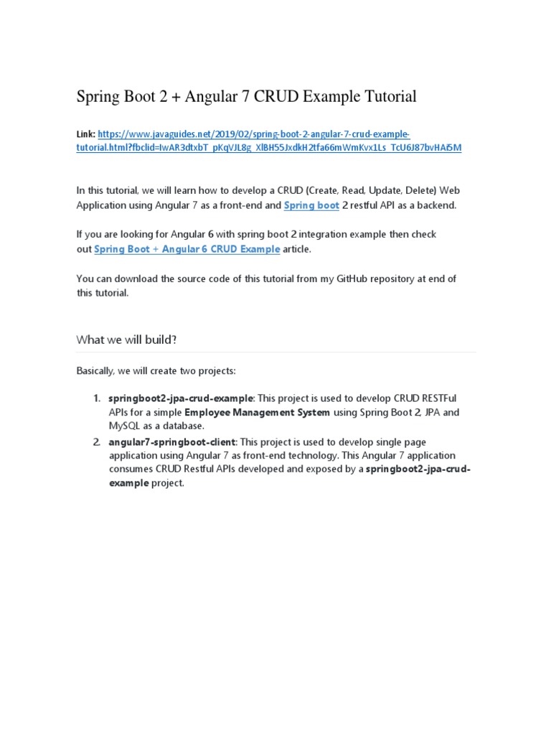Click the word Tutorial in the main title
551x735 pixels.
click(388, 96)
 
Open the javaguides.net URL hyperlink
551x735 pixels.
click(253, 134)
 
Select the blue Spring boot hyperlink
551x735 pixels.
click(311, 205)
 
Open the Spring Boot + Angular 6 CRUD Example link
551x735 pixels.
click(187, 249)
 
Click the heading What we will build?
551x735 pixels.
click(126, 340)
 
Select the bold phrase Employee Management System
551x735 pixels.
click(257, 413)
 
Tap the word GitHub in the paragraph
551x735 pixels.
click(355, 278)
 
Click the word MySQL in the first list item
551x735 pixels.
click(123, 426)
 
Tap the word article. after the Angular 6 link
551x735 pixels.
click(298, 249)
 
